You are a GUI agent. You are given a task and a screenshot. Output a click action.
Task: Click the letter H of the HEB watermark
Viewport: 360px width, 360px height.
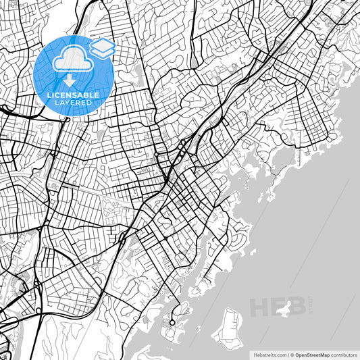(x=260, y=308)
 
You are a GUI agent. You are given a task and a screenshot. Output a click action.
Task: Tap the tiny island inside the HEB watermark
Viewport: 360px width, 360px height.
(x=292, y=309)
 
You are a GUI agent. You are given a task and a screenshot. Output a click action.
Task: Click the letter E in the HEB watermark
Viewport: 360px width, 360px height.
(x=277, y=308)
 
